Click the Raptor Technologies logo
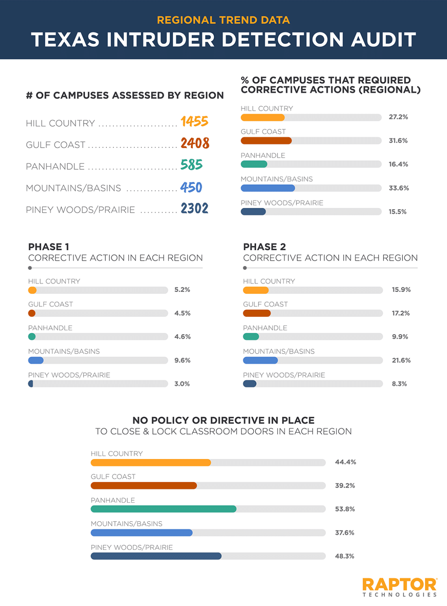point(399,587)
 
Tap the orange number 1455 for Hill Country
point(194,122)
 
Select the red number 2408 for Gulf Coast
point(195,143)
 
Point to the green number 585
point(192,165)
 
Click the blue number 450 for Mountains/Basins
point(191,187)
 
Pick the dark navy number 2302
point(194,208)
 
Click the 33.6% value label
point(399,188)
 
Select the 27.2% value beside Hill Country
point(398,117)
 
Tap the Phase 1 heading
point(48,247)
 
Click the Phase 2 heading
point(264,247)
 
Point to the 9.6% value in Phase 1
point(182,360)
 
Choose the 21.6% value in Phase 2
point(401,360)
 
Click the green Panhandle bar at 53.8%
point(163,509)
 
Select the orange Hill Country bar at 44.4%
point(151,462)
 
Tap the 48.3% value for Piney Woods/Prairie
point(345,556)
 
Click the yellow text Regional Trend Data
point(223,20)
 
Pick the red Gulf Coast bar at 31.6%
point(266,141)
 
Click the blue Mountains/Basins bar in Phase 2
point(260,360)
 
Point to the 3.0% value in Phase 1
point(182,384)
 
